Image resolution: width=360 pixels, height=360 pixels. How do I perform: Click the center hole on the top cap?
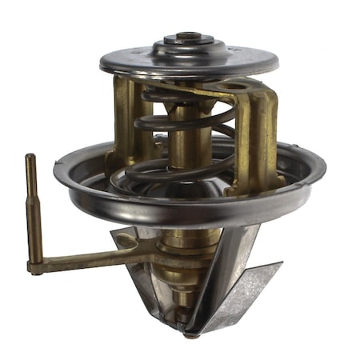[x=189, y=36]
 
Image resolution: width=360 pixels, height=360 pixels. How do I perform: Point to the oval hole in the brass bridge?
[x=238, y=85]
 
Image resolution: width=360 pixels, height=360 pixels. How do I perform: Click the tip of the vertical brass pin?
[x=30, y=158]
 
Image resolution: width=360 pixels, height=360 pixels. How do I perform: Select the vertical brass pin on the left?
[x=33, y=208]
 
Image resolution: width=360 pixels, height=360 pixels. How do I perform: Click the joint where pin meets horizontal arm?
[x=37, y=267]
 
